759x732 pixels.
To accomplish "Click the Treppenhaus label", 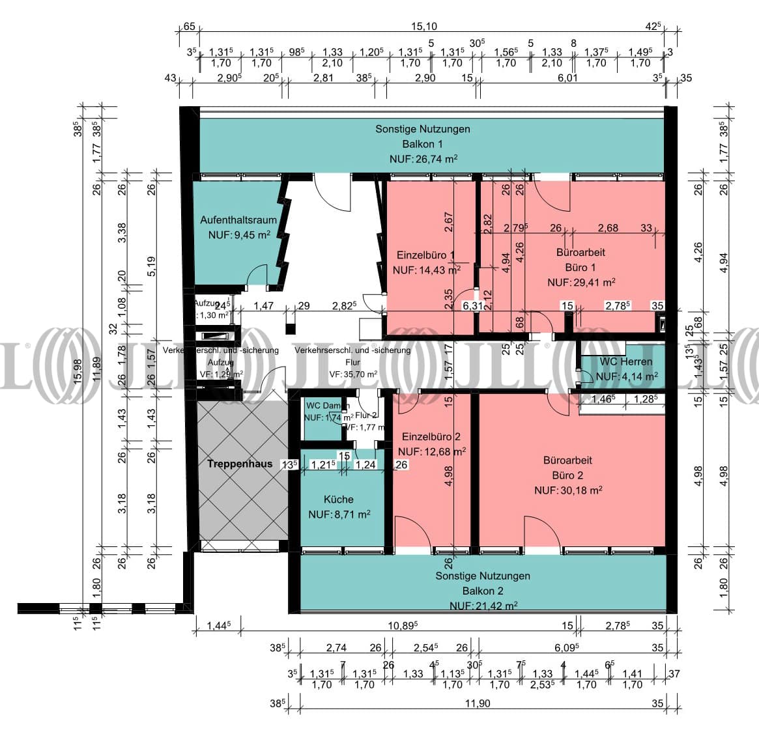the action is coord(239,464).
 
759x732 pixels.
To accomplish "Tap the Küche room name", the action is coord(339,500).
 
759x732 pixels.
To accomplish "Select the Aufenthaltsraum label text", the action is coord(238,220).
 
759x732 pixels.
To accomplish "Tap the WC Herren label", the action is coord(625,361).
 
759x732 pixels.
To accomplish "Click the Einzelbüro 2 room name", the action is coord(431,436).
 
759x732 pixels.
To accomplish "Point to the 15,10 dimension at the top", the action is coord(423,27).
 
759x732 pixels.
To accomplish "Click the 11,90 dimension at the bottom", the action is coord(477,703).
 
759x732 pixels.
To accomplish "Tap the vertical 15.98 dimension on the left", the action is coord(79,371).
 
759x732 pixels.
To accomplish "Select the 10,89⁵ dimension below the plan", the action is coord(403,626).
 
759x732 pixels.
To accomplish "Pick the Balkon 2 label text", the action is coord(483,591).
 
